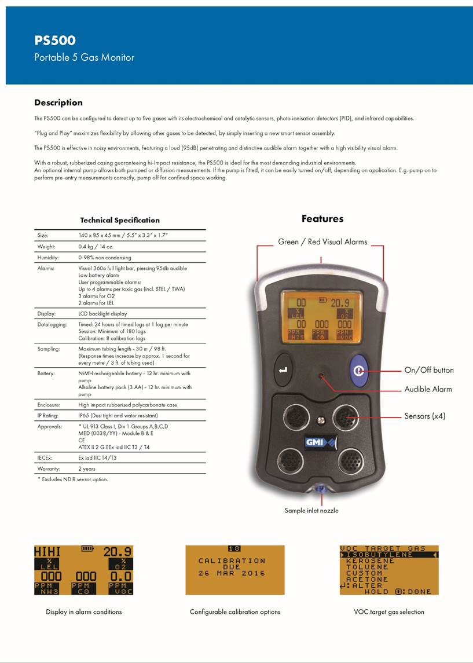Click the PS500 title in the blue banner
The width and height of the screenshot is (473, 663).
click(x=55, y=41)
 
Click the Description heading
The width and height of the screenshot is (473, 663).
click(x=58, y=102)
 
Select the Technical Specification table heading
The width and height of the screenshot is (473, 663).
click(x=120, y=220)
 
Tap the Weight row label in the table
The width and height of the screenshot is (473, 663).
click(x=46, y=247)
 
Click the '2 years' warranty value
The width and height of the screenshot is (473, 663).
click(x=87, y=468)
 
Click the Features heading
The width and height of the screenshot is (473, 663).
click(x=322, y=219)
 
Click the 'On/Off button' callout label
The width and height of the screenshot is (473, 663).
click(x=429, y=371)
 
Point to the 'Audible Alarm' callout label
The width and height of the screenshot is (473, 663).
click(x=428, y=390)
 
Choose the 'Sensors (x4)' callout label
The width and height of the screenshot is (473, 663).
click(x=425, y=416)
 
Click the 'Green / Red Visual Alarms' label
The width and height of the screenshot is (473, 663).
click(x=322, y=242)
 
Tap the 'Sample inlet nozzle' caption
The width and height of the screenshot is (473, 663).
click(x=311, y=511)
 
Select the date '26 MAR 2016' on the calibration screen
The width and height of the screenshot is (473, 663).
click(x=232, y=573)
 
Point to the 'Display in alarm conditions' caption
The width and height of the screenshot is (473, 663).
click(x=84, y=611)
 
